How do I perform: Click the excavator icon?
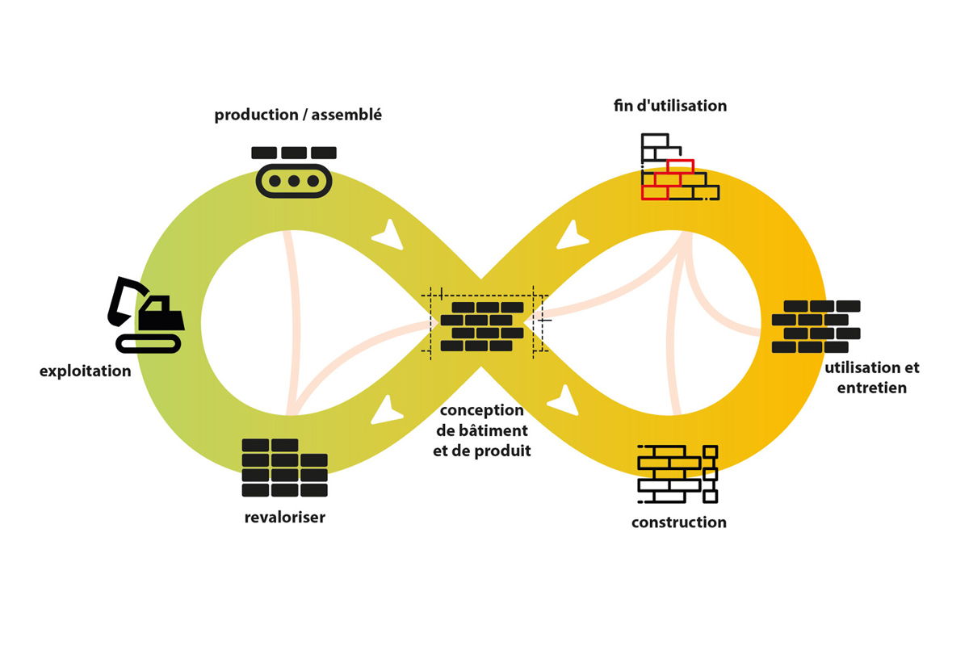click(x=146, y=315)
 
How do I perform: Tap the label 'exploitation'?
click(x=86, y=371)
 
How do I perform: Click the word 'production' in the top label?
click(x=257, y=115)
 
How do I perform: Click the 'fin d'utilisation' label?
click(x=670, y=105)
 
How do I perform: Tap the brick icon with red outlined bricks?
click(x=680, y=167)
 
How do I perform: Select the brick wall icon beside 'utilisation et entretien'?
click(x=816, y=326)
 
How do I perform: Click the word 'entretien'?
click(x=871, y=388)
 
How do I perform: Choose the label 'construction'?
click(x=679, y=522)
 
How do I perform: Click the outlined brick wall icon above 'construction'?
click(x=677, y=474)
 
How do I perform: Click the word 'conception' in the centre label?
click(x=481, y=410)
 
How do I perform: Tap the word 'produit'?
click(x=501, y=451)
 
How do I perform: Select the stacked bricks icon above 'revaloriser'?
click(x=284, y=468)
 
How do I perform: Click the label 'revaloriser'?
click(x=284, y=517)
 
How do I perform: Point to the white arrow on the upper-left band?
click(x=389, y=236)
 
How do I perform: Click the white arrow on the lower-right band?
click(x=564, y=401)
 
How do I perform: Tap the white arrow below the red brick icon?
click(x=572, y=236)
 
